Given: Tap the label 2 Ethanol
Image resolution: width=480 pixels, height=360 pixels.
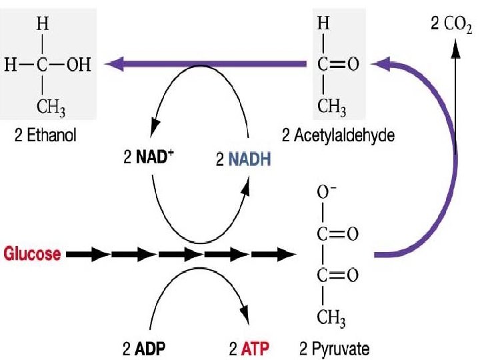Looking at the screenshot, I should click(46, 136).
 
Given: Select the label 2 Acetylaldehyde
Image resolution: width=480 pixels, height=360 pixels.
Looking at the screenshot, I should click(338, 136).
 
